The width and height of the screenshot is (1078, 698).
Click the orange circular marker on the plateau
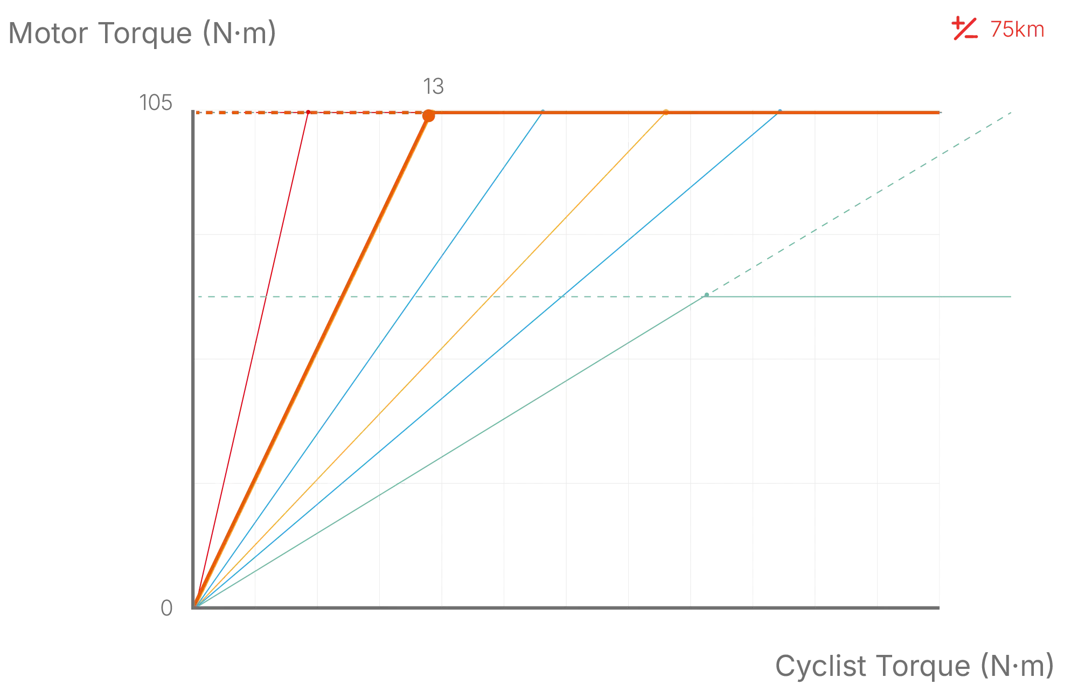click(428, 116)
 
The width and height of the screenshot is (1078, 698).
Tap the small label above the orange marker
click(433, 86)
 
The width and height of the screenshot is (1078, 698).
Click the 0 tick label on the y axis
click(166, 609)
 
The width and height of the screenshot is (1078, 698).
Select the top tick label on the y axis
click(155, 102)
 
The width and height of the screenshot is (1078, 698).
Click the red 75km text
click(1018, 30)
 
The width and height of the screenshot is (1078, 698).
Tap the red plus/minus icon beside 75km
click(964, 29)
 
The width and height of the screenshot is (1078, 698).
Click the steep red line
click(253, 356)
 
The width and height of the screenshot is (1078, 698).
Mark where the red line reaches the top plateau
click(308, 113)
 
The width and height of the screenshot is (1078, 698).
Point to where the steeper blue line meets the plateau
click(543, 113)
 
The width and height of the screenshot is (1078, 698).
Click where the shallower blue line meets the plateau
click(778, 113)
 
